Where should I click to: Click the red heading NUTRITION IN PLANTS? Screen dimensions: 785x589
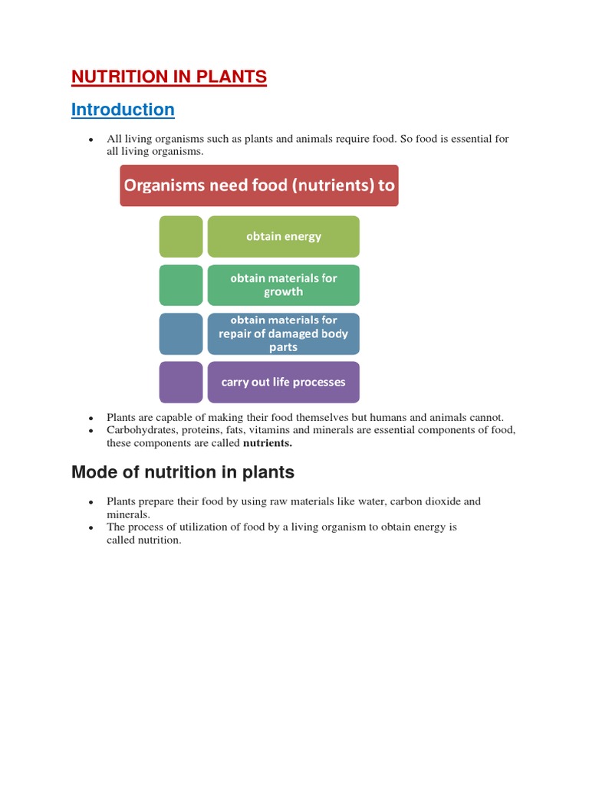pyautogui.click(x=169, y=77)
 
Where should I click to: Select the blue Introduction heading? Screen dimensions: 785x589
pyautogui.click(x=123, y=110)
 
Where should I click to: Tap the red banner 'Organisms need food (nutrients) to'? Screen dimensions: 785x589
pyautogui.click(x=259, y=186)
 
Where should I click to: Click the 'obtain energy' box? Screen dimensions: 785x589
pyautogui.click(x=283, y=236)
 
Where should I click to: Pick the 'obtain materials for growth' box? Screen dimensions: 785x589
pyautogui.click(x=283, y=285)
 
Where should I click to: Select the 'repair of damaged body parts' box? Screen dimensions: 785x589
pyautogui.click(x=283, y=333)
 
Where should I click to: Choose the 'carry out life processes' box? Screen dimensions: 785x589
pyautogui.click(x=283, y=382)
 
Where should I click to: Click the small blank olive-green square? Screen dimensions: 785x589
pyautogui.click(x=181, y=236)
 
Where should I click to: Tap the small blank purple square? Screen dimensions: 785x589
pyautogui.click(x=181, y=382)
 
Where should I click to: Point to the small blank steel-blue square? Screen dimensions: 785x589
pyautogui.click(x=181, y=333)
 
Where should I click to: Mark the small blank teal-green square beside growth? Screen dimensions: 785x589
pyautogui.click(x=181, y=285)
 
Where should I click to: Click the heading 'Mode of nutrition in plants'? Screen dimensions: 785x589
pyautogui.click(x=183, y=471)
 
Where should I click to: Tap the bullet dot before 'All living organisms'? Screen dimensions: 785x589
pyautogui.click(x=90, y=140)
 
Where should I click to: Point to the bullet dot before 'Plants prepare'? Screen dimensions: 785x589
pyautogui.click(x=90, y=502)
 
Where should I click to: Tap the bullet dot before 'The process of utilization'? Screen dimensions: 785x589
pyautogui.click(x=90, y=528)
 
